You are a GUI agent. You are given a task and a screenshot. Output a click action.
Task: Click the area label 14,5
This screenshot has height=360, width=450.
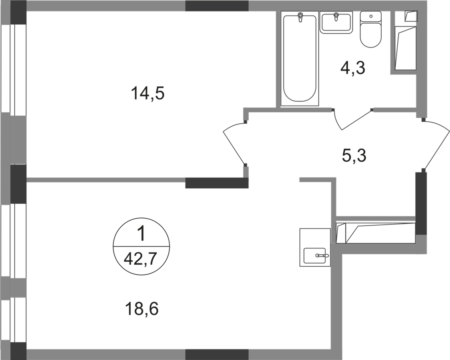point(147,94)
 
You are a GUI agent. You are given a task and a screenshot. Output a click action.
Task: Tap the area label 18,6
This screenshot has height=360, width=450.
point(142,309)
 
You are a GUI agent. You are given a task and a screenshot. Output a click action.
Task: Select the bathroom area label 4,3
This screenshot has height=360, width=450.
point(353,68)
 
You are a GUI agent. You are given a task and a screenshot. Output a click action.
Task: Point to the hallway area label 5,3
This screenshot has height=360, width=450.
point(354,156)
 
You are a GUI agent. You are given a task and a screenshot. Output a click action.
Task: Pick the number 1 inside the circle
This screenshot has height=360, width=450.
point(141,234)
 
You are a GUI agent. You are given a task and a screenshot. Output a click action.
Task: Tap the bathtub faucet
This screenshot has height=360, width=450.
point(300,17)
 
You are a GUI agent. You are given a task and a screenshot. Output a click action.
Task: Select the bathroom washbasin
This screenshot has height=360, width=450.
point(336,23)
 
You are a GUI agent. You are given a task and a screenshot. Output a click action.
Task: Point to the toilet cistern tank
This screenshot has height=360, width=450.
point(371,17)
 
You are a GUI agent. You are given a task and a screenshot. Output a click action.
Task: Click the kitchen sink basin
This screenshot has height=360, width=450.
point(315,256)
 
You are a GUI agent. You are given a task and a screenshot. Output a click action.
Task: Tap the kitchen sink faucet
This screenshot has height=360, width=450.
point(322,255)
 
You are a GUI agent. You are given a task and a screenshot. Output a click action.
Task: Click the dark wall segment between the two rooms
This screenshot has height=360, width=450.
point(217,183)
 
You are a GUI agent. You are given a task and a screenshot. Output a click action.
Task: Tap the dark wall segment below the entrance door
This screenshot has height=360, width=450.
point(421,203)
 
